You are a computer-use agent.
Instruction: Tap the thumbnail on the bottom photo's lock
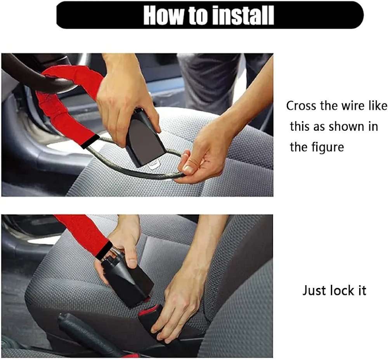(132, 264)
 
